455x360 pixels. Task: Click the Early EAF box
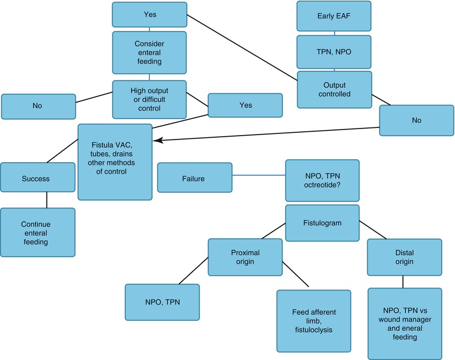tap(334, 16)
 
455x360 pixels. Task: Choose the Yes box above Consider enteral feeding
tap(149, 15)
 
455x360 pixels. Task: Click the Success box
tap(35, 178)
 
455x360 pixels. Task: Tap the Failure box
tap(194, 178)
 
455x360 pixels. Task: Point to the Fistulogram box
tap(322, 223)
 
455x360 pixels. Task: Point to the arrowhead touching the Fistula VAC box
tap(156, 141)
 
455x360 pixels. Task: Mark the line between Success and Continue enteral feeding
tap(46, 200)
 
